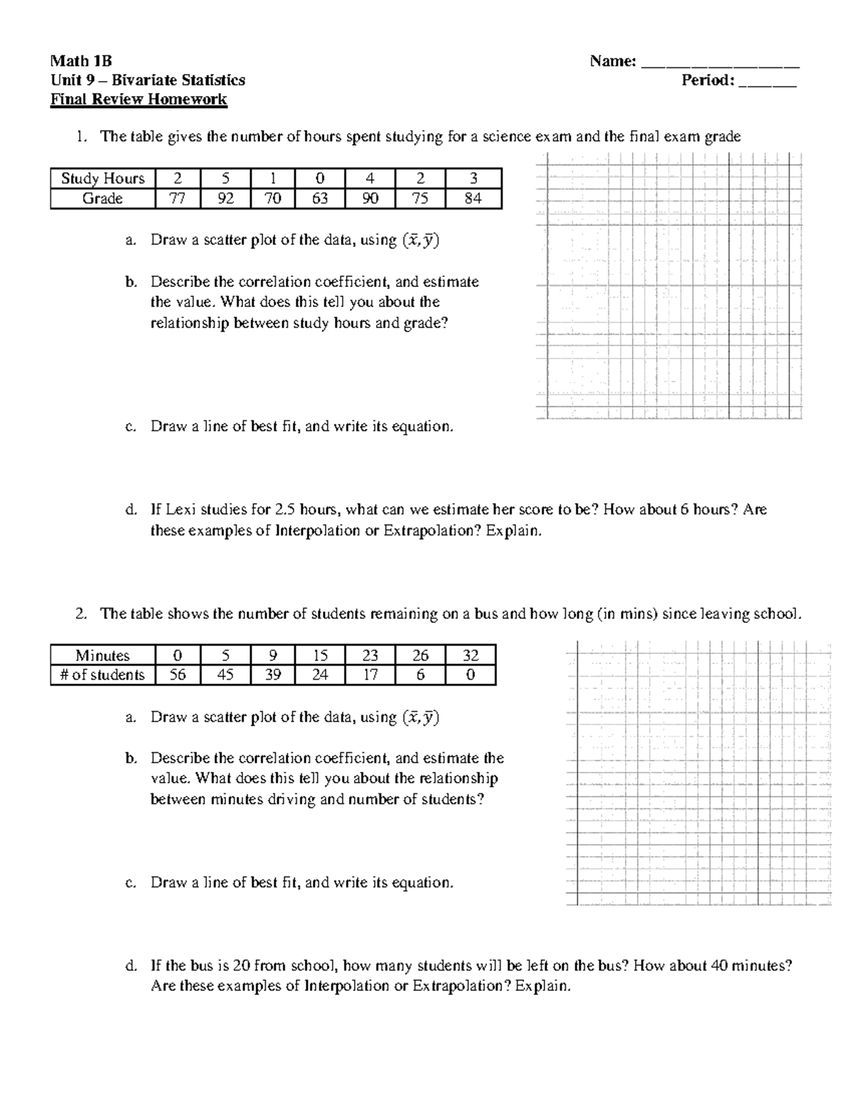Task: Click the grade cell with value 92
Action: point(225,199)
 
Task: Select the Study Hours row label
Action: point(102,178)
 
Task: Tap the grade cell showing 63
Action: point(320,199)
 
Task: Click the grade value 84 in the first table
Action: point(473,199)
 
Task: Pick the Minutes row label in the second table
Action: point(102,656)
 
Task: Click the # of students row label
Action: point(102,675)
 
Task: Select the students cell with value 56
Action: point(178,675)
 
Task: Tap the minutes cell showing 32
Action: point(470,656)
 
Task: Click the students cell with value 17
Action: point(370,675)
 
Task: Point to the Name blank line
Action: point(720,63)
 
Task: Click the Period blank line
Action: point(768,81)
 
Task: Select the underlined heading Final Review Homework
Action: point(139,99)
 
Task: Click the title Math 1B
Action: point(81,62)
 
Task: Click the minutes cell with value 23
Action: point(370,656)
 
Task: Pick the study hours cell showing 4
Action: point(370,178)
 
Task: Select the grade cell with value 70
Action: point(273,199)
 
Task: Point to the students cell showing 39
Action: point(273,675)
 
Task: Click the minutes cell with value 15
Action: point(320,656)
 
